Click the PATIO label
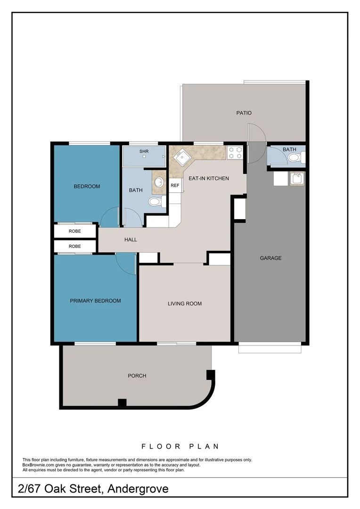pyautogui.click(x=244, y=113)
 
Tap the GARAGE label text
pyautogui.click(x=270, y=258)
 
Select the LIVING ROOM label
pyautogui.click(x=185, y=304)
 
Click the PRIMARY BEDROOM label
pyautogui.click(x=95, y=301)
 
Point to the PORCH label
pyautogui.click(x=137, y=376)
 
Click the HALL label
pyautogui.click(x=131, y=240)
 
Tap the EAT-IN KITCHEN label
pyautogui.click(x=209, y=179)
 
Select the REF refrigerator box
pyautogui.click(x=175, y=186)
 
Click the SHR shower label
pyautogui.click(x=144, y=152)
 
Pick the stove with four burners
pyautogui.click(x=235, y=153)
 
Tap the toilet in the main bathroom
pyautogui.click(x=155, y=202)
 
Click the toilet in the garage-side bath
pyautogui.click(x=294, y=158)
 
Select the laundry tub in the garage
pyautogui.click(x=297, y=179)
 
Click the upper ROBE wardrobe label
pyautogui.click(x=75, y=231)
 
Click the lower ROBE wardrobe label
pyautogui.click(x=75, y=246)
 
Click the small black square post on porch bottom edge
pyautogui.click(x=122, y=403)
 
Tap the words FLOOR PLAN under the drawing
pyautogui.click(x=180, y=446)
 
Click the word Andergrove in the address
pyautogui.click(x=138, y=489)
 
